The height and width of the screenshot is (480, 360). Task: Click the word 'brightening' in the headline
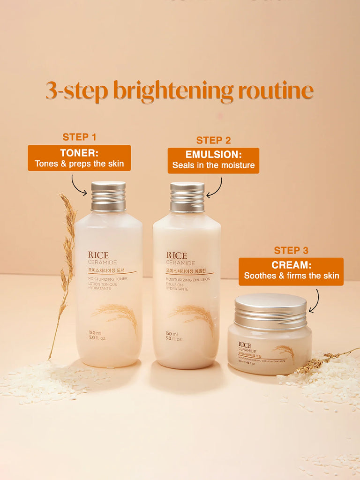pos(173,91)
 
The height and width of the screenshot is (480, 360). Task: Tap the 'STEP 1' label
pos(79,137)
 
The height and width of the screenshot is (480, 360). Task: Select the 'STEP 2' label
pos(213,140)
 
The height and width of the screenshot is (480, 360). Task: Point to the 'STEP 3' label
pos(291,250)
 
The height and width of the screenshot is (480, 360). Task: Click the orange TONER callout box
pos(79,158)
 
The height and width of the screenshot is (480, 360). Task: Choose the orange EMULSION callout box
pos(213,160)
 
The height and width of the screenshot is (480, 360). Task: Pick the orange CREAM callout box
pos(291,271)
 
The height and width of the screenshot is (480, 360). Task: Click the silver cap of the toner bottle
pos(108,196)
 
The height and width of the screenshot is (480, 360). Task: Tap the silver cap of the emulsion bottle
pos(187,197)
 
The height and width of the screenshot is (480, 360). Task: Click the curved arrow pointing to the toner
pos(78,185)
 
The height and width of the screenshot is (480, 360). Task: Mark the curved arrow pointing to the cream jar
pos(315,301)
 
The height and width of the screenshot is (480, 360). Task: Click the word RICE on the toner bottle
pos(98,255)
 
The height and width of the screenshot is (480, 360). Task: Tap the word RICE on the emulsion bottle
pos(177,255)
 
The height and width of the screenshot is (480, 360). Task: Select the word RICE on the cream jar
pos(244,345)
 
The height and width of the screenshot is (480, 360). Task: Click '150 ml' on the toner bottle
pos(96,333)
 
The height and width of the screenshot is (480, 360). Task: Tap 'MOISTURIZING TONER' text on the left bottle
pos(107,279)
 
